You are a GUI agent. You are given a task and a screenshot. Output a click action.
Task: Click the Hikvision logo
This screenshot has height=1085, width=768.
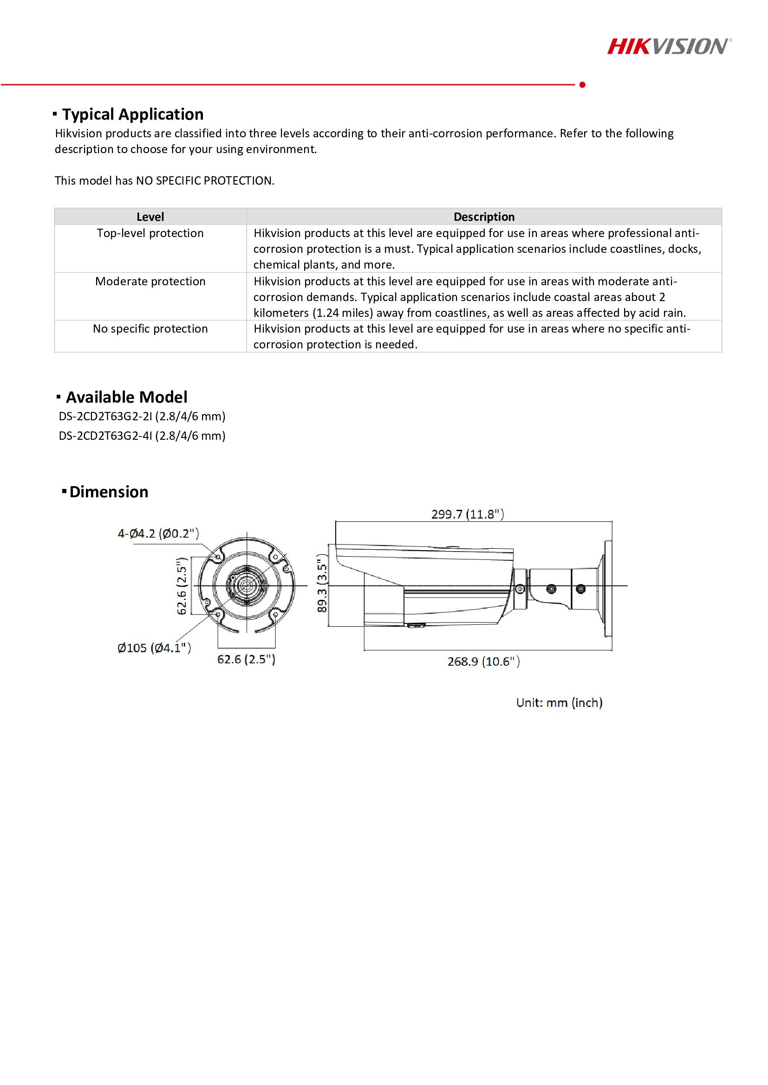669,47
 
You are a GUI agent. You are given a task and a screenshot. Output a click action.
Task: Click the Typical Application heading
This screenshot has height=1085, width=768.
132,115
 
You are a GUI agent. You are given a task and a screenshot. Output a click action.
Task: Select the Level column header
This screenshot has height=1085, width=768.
150,217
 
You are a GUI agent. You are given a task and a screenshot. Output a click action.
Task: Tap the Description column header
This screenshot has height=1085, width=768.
484,217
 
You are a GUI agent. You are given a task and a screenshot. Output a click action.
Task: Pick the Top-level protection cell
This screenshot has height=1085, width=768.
150,233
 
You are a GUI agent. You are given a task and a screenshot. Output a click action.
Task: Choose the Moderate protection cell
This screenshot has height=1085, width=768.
150,282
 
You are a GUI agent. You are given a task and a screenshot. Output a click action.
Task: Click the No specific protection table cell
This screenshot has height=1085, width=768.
150,329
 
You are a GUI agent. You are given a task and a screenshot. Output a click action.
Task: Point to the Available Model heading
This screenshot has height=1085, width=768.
126,397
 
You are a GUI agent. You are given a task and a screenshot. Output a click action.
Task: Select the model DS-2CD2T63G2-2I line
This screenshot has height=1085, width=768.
142,416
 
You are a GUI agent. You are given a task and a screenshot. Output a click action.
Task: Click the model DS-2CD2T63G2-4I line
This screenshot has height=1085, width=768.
142,436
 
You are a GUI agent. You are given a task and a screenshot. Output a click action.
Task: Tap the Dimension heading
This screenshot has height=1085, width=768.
108,492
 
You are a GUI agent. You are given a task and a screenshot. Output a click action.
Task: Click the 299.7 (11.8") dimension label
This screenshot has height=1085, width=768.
467,514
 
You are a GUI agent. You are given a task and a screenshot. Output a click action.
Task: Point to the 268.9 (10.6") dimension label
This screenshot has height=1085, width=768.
483,661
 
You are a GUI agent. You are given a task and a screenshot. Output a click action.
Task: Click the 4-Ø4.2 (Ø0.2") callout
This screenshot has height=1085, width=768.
158,533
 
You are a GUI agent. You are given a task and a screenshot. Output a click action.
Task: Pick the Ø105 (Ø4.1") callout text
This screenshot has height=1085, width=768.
154,648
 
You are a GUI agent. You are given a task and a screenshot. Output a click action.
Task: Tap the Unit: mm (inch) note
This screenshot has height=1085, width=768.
559,703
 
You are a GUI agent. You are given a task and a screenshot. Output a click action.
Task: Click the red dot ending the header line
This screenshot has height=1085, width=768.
582,84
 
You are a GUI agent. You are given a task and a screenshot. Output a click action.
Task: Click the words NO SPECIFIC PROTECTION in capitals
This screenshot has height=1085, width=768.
204,181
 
